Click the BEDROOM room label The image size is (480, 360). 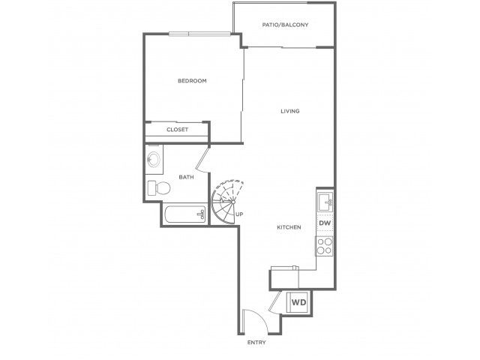tap(192, 81)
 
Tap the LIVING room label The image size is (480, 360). tap(290, 111)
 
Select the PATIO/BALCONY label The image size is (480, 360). tap(285, 25)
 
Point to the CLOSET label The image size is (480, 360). tap(177, 130)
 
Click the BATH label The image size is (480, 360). tap(186, 177)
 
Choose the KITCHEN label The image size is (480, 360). tap(289, 227)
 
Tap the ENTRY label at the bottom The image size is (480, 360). tap(256, 343)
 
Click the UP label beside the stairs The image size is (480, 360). tap(239, 214)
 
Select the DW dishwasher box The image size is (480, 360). tap(325, 223)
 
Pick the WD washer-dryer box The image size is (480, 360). tap(298, 302)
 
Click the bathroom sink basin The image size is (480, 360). tap(153, 159)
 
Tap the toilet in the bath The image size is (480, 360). tap(159, 188)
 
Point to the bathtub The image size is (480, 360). tap(184, 214)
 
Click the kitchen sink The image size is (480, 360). tap(325, 202)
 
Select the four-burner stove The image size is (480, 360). tap(325, 246)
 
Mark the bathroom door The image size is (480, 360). tap(202, 159)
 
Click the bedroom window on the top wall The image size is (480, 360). tap(199, 34)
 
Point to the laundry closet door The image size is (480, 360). tap(274, 301)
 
